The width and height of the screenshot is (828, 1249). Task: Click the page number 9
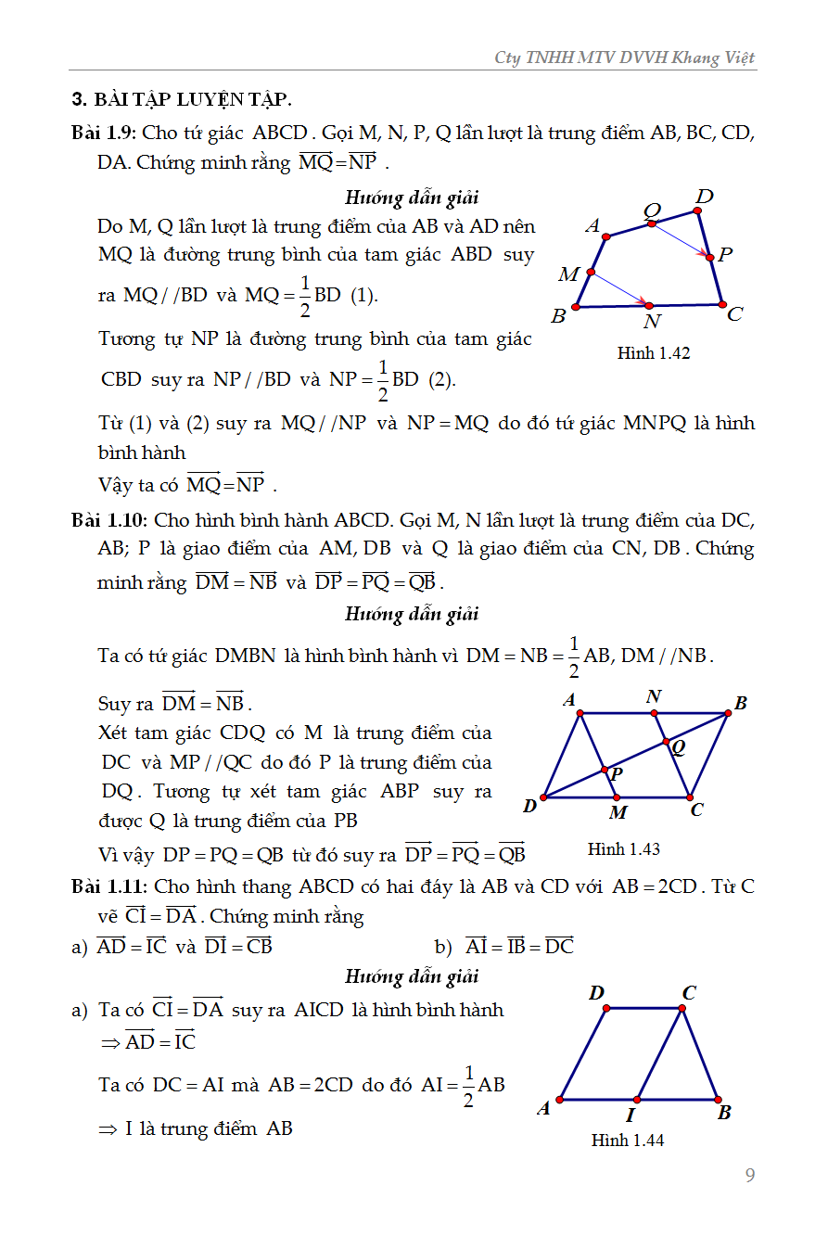point(750,1176)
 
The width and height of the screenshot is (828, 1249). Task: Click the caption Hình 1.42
point(654,353)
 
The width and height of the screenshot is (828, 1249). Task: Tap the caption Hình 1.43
point(624,848)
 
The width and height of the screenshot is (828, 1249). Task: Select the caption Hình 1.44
point(628,1141)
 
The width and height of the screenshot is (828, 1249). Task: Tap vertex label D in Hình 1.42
point(705,196)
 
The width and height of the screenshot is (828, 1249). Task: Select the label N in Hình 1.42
point(652,321)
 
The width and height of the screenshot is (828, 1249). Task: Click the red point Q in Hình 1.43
point(665,742)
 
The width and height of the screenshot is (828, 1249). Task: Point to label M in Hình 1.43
point(618,812)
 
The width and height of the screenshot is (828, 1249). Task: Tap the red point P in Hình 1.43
point(605,770)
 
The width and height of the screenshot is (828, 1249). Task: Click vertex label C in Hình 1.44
point(689,993)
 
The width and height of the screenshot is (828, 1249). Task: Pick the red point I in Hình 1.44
point(636,1100)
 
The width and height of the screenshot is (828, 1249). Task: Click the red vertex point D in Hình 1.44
point(607,1008)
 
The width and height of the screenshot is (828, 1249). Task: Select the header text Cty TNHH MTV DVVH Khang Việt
point(625,57)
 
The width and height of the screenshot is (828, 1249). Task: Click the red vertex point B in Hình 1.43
point(728,713)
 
